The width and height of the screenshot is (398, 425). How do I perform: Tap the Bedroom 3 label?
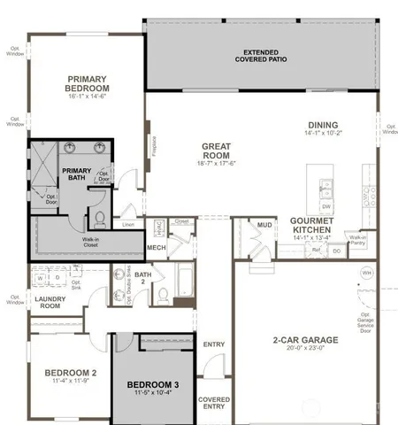153,385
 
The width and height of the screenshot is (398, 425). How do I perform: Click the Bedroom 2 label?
70,374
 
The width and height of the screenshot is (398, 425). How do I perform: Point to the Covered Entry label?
213,403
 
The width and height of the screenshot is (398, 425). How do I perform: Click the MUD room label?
264,225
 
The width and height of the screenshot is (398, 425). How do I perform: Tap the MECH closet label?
157,247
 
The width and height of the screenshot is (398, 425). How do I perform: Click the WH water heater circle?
367,273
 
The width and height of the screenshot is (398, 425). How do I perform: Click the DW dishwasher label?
326,205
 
